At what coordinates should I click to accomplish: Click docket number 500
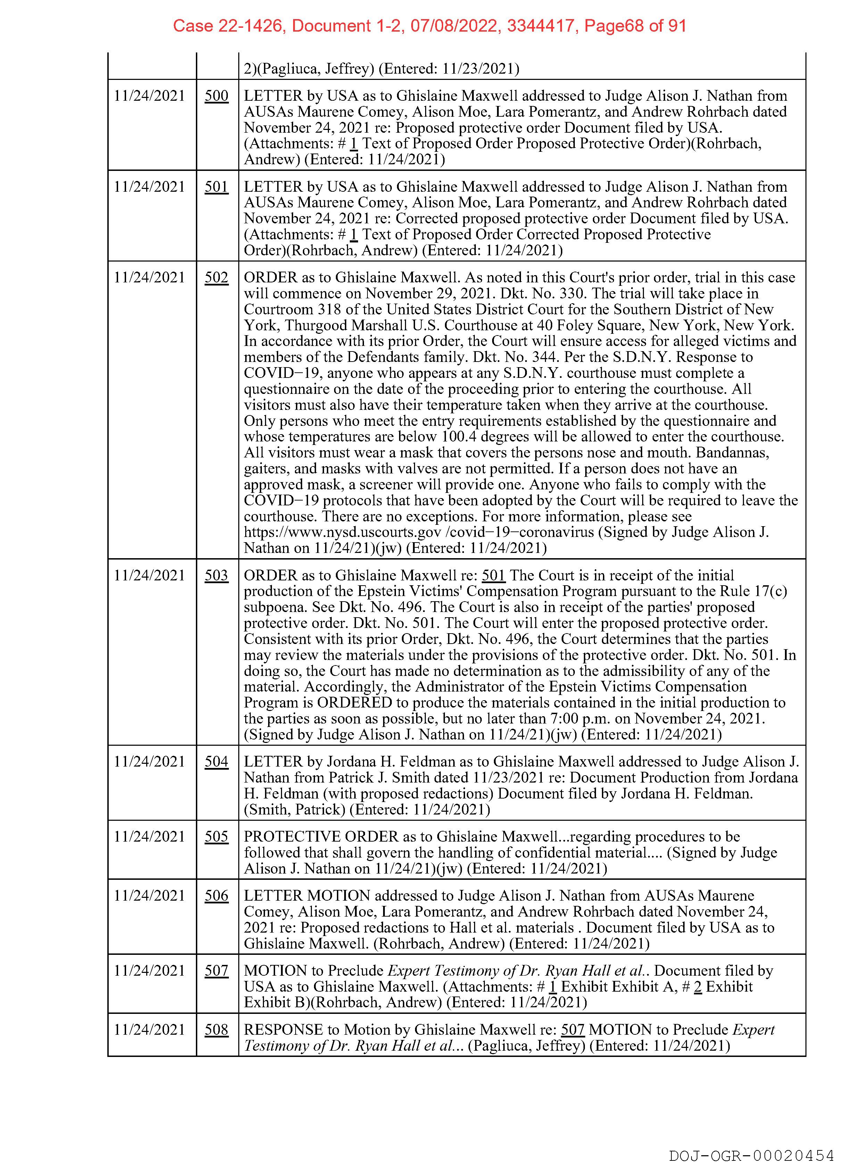tap(216, 96)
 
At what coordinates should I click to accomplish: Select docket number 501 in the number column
tap(216, 187)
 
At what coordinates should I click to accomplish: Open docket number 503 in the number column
tap(216, 576)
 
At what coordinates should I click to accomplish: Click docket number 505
tap(216, 837)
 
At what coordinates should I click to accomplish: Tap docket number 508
tap(216, 1029)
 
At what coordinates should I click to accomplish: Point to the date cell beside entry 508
tap(150, 1029)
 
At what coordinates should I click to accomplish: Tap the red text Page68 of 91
tap(635, 26)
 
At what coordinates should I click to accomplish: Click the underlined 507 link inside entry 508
tap(572, 1029)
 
